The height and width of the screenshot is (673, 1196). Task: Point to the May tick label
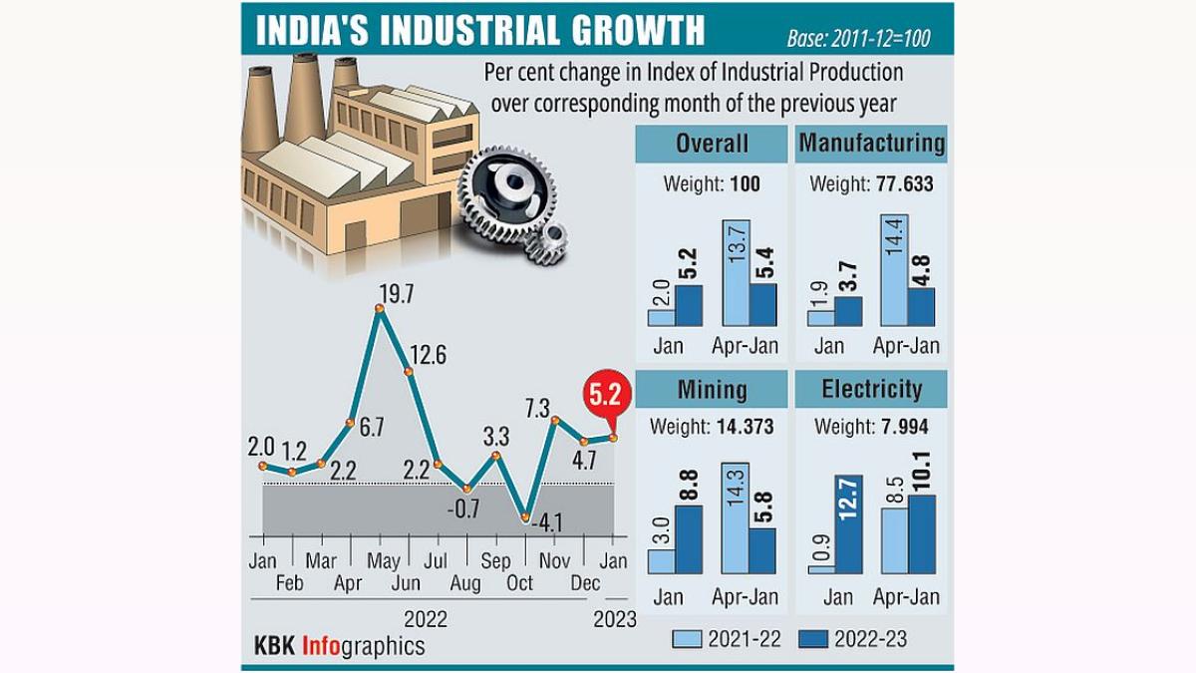[383, 561]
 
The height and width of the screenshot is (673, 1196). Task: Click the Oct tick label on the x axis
[519, 583]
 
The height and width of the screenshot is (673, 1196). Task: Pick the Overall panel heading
[712, 144]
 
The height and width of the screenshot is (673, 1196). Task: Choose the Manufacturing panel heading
[871, 144]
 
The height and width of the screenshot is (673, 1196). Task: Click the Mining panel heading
[712, 389]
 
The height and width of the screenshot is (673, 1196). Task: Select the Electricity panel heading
[871, 389]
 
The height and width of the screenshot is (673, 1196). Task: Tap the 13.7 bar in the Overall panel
[735, 274]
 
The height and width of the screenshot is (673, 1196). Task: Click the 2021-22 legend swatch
[688, 639]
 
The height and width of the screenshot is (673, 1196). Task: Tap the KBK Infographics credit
[339, 646]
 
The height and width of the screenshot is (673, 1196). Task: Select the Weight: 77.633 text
[871, 184]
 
